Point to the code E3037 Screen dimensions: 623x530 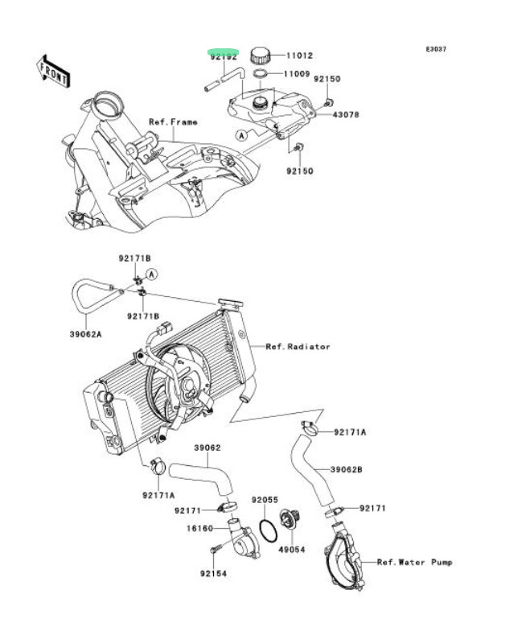coord(436,49)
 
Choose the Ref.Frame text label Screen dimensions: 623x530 coord(173,122)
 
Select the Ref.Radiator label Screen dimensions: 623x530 coord(298,347)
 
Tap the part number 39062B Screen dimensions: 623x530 coord(347,468)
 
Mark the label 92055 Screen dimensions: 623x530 coord(264,500)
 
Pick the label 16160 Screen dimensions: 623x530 coord(200,529)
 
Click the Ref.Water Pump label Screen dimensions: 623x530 coord(415,562)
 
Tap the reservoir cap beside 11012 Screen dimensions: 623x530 coord(261,56)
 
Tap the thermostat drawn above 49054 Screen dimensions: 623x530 coord(288,521)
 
